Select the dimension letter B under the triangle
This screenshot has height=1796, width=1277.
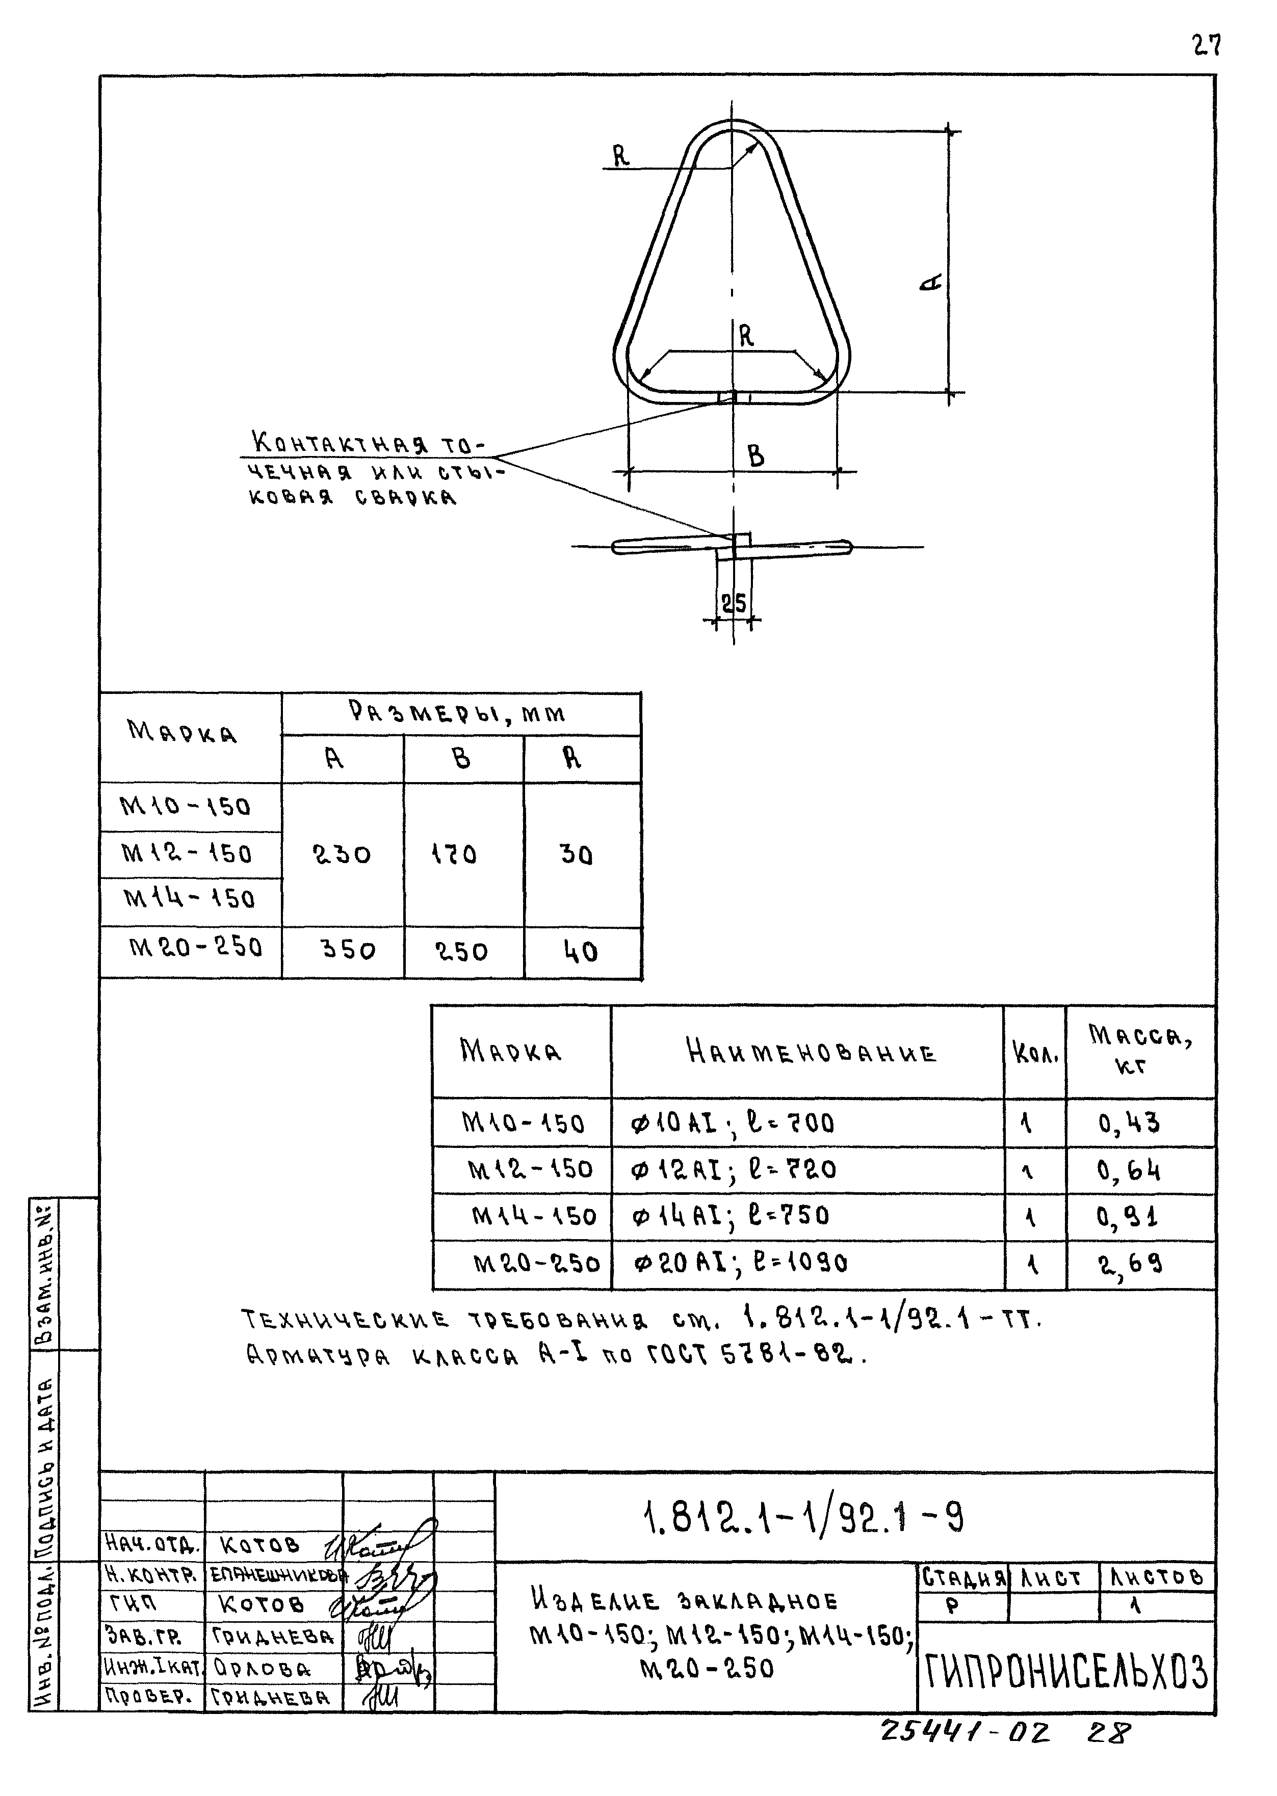[x=755, y=455]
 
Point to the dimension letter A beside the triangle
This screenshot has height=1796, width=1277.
[x=931, y=281]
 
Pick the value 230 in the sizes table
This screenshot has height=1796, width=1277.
[x=342, y=854]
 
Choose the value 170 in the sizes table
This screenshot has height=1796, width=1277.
[x=455, y=854]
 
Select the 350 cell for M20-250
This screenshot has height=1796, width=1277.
[x=348, y=950]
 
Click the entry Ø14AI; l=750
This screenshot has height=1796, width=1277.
[x=731, y=1217]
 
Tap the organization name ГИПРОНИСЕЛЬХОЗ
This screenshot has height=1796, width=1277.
[x=1065, y=1672]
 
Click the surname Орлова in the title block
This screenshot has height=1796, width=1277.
[x=262, y=1669]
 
